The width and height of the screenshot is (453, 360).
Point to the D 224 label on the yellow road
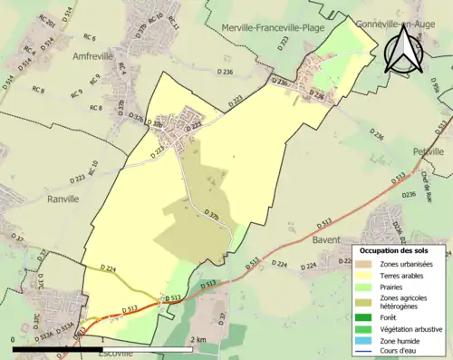click(x=111, y=269)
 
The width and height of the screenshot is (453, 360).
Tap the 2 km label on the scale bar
click(x=198, y=339)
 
